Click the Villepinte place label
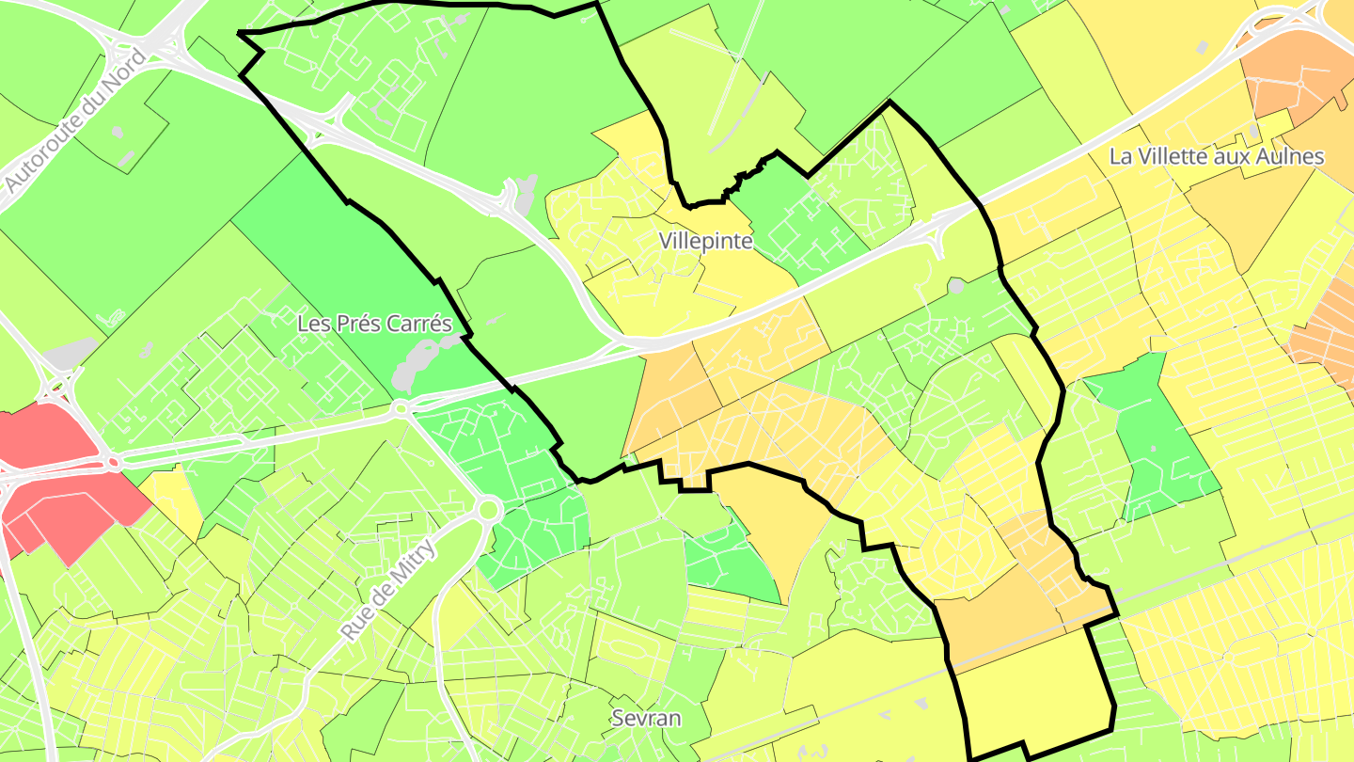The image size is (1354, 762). pos(706,241)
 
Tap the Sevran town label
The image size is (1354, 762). pos(646,719)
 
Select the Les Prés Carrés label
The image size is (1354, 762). pos(374,324)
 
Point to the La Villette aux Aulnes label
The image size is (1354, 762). pos(1217,157)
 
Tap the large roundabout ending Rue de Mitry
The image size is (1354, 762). pos(487,510)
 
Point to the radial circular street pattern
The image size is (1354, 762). pos(959,546)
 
